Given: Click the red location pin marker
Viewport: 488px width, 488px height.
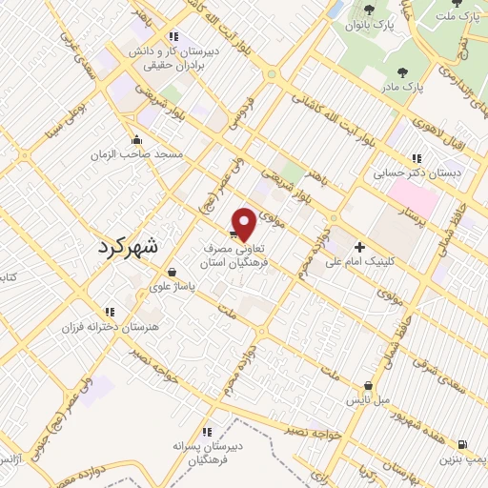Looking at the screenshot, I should click(x=245, y=224).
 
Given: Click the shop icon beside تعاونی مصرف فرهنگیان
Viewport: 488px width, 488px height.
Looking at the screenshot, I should click(x=234, y=232).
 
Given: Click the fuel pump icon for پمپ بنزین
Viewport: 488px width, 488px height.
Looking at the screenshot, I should click(x=461, y=443).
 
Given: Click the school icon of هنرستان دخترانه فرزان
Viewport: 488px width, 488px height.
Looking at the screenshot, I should click(x=110, y=311).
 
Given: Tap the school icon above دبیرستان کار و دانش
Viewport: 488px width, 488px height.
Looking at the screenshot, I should click(x=173, y=36).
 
